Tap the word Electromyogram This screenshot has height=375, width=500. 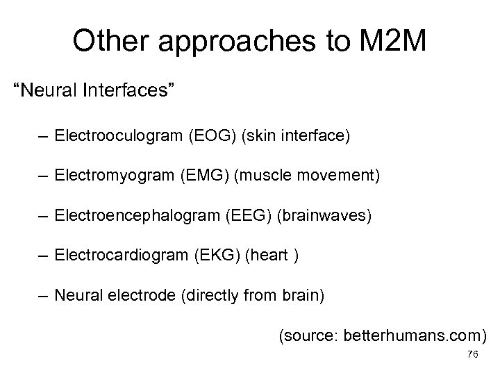point(117,177)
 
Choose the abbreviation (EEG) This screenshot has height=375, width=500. point(242,217)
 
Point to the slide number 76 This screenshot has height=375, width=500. point(472,354)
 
